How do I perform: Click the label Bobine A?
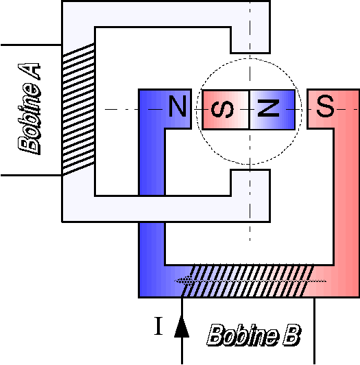tap(29, 108)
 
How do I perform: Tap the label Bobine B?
tap(254, 335)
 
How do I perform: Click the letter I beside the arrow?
tap(158, 326)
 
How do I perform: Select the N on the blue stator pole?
tap(178, 106)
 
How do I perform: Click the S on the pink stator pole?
tap(325, 106)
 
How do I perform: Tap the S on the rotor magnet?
tap(222, 109)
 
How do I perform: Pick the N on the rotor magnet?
tap(268, 108)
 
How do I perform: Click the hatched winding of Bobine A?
tap(78, 109)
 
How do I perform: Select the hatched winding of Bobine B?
tap(248, 281)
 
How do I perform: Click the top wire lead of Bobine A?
tap(31, 45)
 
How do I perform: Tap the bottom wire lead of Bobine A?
tap(31, 175)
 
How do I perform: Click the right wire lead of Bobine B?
tap(314, 331)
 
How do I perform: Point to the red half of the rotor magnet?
tap(226, 109)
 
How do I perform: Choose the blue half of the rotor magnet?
tap(272, 109)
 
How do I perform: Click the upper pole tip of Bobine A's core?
tap(250, 40)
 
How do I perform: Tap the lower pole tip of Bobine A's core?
tap(250, 182)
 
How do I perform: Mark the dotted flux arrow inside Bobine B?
tap(250, 281)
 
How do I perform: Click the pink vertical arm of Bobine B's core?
tap(347, 193)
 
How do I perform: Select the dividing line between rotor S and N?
tap(249, 109)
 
